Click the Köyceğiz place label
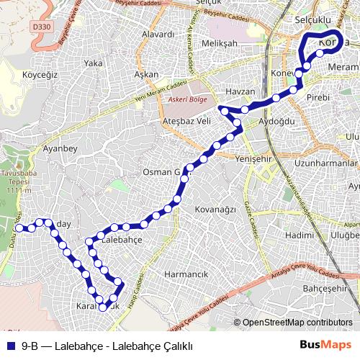[40, 73]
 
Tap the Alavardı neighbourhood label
[158, 34]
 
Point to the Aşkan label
[146, 74]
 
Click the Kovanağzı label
[215, 209]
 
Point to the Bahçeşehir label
[326, 289]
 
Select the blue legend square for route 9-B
[10, 345]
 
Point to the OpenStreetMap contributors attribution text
[297, 322]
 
